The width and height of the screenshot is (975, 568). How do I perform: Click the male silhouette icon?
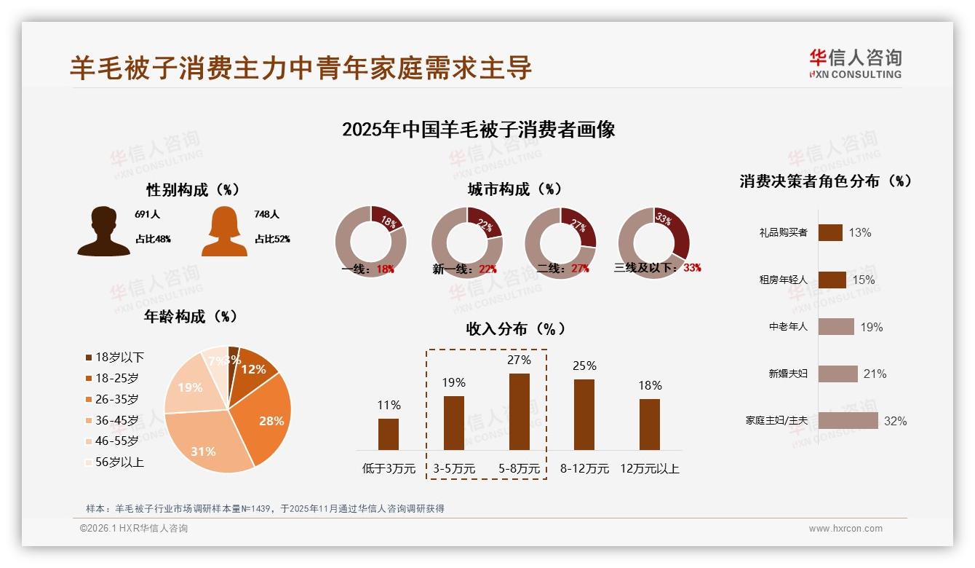tap(103, 232)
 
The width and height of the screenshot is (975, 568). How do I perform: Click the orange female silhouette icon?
tap(224, 232)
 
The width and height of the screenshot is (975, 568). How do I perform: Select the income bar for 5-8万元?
tap(519, 411)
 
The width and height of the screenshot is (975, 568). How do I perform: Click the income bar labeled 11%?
tap(389, 434)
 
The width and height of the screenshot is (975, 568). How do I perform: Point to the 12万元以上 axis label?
tap(649, 469)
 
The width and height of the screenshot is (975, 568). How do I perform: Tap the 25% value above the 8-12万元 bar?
tap(584, 366)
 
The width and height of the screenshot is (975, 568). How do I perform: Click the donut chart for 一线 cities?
tap(370, 241)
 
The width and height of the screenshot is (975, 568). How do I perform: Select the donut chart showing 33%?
tap(653, 241)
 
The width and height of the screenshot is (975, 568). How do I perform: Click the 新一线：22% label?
tap(464, 269)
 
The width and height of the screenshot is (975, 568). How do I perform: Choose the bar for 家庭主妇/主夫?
tap(848, 421)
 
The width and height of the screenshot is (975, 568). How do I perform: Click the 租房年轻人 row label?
tap(783, 280)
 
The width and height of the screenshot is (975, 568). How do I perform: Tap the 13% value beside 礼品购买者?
tap(859, 233)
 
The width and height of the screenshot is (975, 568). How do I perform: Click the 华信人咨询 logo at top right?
tap(855, 64)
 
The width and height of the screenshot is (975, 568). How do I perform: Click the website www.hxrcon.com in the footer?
tap(845, 529)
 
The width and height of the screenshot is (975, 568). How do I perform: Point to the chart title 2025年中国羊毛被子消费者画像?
tap(478, 130)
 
